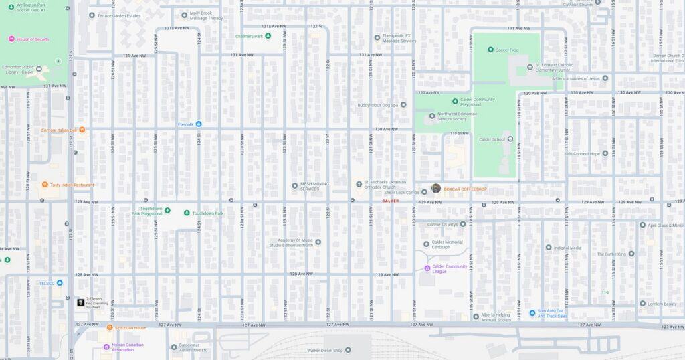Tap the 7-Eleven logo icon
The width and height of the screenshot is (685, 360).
[80, 302]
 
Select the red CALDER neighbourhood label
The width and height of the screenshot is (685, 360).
[390, 201]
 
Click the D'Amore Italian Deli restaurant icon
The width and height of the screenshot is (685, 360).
[82, 130]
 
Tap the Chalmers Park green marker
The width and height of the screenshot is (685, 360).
[268, 36]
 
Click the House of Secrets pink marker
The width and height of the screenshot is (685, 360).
[11, 39]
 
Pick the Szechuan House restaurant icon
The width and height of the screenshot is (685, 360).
[110, 328]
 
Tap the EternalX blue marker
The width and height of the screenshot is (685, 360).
[199, 124]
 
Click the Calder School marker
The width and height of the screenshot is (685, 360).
[510, 139]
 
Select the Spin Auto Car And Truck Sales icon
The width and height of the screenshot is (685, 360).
[531, 312]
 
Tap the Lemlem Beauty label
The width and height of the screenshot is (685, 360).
[662, 304]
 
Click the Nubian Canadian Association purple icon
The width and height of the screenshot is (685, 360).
[106, 347]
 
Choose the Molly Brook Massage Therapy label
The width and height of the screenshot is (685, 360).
[206, 15]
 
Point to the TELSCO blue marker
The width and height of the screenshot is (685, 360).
[60, 283]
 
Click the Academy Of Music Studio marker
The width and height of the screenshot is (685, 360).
[318, 242]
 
